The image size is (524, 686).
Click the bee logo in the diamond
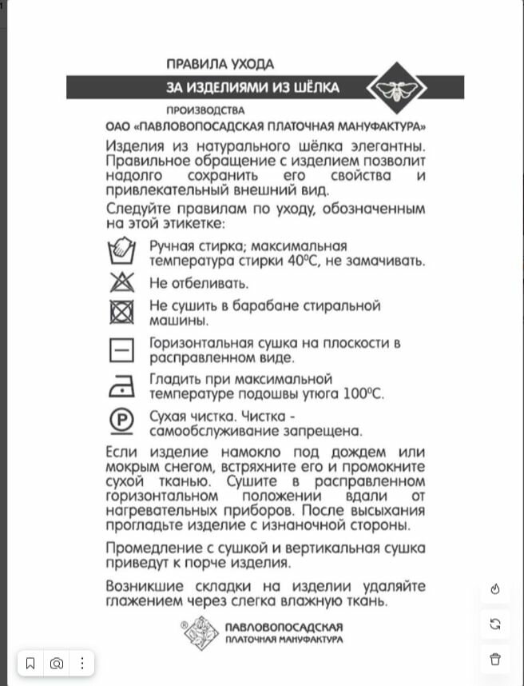coord(396,89)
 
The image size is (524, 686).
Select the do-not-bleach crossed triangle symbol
coord(121,282)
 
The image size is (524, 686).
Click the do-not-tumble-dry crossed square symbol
coord(121,313)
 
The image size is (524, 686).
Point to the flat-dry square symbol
coord(121,350)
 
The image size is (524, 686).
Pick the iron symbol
coord(121,387)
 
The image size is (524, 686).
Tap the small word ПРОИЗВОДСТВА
coord(205,110)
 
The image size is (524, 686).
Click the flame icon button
coord(495,589)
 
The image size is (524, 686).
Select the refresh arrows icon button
coord(495,624)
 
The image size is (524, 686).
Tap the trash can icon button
coord(495,659)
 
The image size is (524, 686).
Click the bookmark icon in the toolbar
coord(30,663)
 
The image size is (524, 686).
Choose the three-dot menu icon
coord(82,663)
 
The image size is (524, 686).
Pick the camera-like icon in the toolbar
coord(57,663)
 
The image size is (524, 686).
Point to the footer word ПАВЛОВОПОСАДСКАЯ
coord(284,626)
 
